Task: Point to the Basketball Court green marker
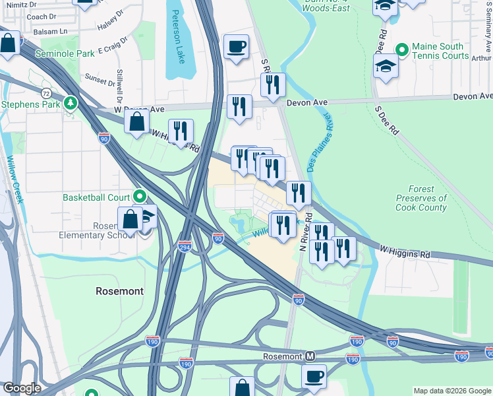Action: click(140, 196)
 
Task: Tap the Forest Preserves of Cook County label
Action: click(421, 198)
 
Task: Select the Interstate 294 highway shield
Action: click(185, 246)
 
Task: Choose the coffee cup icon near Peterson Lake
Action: click(236, 47)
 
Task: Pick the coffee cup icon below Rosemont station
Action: click(314, 376)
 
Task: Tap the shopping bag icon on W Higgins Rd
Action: click(136, 121)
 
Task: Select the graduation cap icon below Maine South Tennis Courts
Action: click(386, 66)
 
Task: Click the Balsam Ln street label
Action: click(53, 31)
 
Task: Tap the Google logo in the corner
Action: click(21, 388)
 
